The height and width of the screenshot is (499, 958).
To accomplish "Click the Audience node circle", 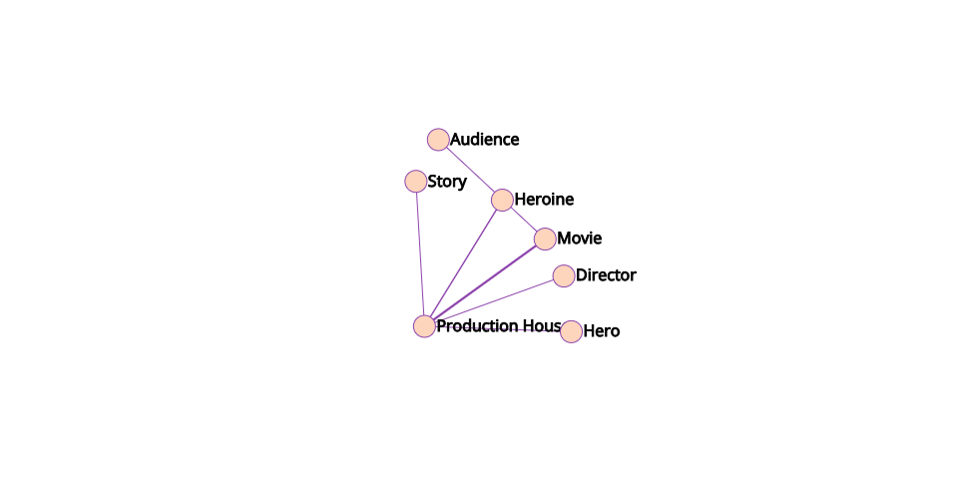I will [x=438, y=140].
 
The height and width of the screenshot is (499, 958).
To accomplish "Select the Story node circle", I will [x=416, y=182].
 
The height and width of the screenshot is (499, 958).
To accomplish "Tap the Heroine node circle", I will [x=502, y=200].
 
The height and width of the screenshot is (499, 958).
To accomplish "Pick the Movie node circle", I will [x=545, y=239].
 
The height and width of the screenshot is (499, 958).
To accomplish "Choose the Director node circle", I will [x=564, y=275].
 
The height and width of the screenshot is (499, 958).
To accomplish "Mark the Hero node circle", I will [x=571, y=331].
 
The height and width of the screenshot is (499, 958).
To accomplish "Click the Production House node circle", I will [x=424, y=326].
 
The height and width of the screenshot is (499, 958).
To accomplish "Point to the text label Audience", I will [x=484, y=140].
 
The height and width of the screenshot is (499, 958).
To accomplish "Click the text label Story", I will [x=446, y=182].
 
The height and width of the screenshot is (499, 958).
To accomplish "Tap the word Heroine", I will [x=544, y=200].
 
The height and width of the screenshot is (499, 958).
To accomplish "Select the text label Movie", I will [x=579, y=239].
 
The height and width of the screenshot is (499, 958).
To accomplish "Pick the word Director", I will [x=606, y=275].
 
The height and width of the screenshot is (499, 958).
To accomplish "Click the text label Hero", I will [x=601, y=331].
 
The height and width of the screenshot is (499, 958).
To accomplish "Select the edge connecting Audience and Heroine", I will [x=470, y=170].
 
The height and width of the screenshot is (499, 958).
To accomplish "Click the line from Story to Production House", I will [x=420, y=254].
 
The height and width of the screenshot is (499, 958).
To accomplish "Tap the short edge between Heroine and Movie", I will [x=524, y=220].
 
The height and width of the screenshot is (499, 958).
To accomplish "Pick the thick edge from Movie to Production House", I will [x=485, y=282].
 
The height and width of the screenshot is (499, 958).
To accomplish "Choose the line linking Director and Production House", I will [x=494, y=300].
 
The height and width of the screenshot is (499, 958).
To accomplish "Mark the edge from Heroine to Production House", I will [x=463, y=263].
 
